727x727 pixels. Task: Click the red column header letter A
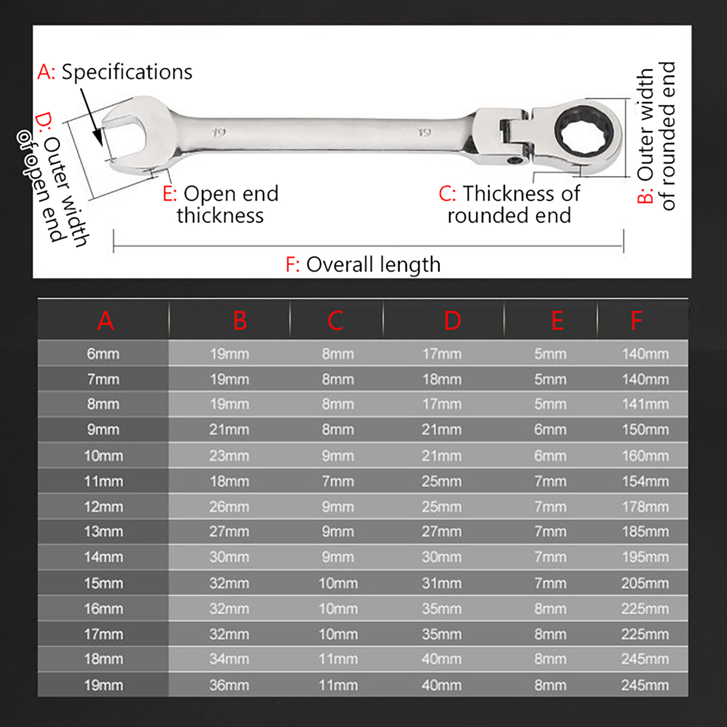coord(105,321)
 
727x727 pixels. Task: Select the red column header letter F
coord(636,321)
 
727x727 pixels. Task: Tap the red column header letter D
coord(453,321)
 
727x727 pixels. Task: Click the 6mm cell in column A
coord(103,354)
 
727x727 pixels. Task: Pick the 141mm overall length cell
coord(645,404)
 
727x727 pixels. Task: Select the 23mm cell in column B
coord(229,456)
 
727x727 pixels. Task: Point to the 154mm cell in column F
coord(645,481)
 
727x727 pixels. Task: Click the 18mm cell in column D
coord(442,379)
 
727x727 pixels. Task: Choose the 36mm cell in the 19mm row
coord(229,685)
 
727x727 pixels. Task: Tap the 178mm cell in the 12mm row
coord(645,507)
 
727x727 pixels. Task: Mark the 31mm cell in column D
coord(442,583)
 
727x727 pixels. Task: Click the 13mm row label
coord(103,531)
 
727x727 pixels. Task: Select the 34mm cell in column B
coord(229,659)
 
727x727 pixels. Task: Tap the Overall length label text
coord(373,265)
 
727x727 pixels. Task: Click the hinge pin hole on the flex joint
coord(515,160)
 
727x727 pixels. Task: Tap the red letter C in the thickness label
coord(446,194)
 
